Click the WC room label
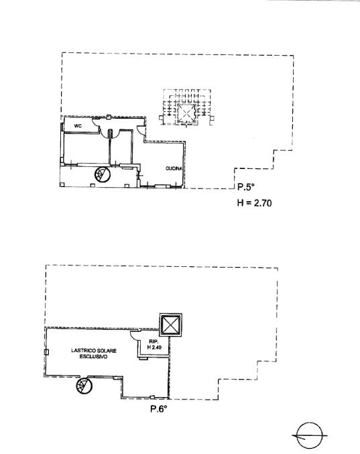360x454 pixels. (78, 126)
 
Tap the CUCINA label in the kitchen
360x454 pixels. (174, 168)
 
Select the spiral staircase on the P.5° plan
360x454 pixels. (103, 174)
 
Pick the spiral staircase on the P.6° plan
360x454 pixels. (84, 386)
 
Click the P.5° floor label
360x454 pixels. (245, 186)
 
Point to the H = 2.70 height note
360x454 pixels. (254, 203)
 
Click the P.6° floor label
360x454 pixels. (159, 409)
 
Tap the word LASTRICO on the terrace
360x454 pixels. (80, 351)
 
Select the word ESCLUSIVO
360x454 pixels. (93, 357)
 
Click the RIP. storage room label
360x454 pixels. (153, 341)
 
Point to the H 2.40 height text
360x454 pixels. (154, 347)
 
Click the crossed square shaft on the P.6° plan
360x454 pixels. (171, 325)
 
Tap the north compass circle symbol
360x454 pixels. (310, 435)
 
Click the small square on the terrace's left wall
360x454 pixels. (46, 352)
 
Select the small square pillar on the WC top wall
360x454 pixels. (108, 117)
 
